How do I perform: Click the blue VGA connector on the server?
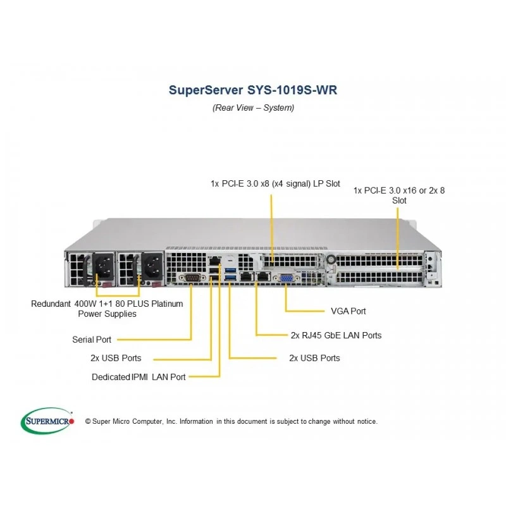coord(287,278)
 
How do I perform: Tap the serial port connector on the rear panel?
coord(192,278)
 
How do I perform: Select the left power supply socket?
coord(104,266)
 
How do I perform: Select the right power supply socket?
coord(152,266)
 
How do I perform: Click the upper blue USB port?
coord(230,270)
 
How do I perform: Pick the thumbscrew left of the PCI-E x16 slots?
coord(331,259)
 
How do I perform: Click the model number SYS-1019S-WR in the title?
coord(292,90)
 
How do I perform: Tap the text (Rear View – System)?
coord(254,108)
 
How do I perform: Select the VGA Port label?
coord(349,311)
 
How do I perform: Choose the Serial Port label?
coord(92,340)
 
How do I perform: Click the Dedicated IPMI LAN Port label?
coord(139,377)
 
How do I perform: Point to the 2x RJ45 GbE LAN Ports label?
coord(336,335)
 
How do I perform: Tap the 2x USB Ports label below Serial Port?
coord(116,358)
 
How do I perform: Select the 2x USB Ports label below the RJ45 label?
coord(314,358)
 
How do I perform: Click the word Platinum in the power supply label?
coord(167,304)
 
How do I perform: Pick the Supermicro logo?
coord(47,421)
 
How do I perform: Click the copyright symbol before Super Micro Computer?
coord(88,421)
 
